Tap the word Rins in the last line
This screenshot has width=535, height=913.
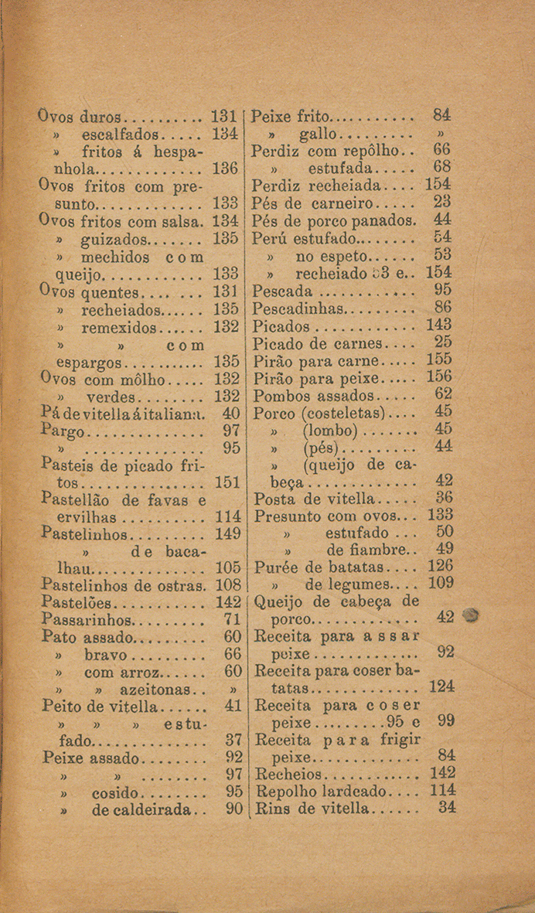(x=271, y=809)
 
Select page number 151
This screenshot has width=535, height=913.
(x=226, y=482)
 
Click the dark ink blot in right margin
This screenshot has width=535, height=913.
(x=470, y=616)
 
